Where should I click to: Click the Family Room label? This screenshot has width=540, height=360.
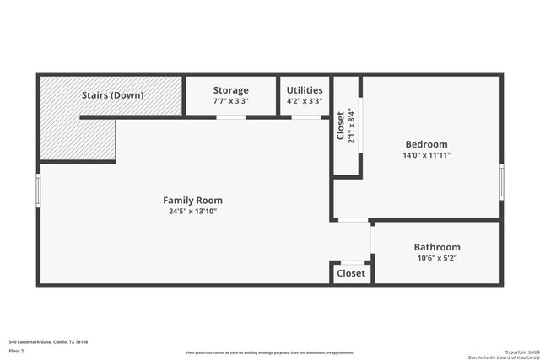[x=192, y=200]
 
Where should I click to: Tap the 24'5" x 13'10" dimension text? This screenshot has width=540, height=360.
[x=192, y=211]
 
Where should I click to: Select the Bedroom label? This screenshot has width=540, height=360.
[x=426, y=144]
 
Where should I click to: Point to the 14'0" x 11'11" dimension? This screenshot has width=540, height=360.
[x=426, y=155]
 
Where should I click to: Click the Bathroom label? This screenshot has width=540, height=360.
[x=436, y=247]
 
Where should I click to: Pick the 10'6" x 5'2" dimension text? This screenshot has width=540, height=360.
[x=436, y=258]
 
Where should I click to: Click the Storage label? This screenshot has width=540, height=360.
[x=230, y=90]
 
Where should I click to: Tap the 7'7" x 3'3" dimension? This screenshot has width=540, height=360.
[x=230, y=101]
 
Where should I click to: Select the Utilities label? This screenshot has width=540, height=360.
[x=304, y=90]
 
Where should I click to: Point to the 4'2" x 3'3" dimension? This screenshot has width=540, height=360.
[x=304, y=101]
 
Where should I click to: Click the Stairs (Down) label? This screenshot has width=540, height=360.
[x=112, y=95]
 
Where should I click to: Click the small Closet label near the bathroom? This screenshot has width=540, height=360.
[x=351, y=273]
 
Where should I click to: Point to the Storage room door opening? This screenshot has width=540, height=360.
[x=230, y=116]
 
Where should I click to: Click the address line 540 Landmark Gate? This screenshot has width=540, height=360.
[x=48, y=341]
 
